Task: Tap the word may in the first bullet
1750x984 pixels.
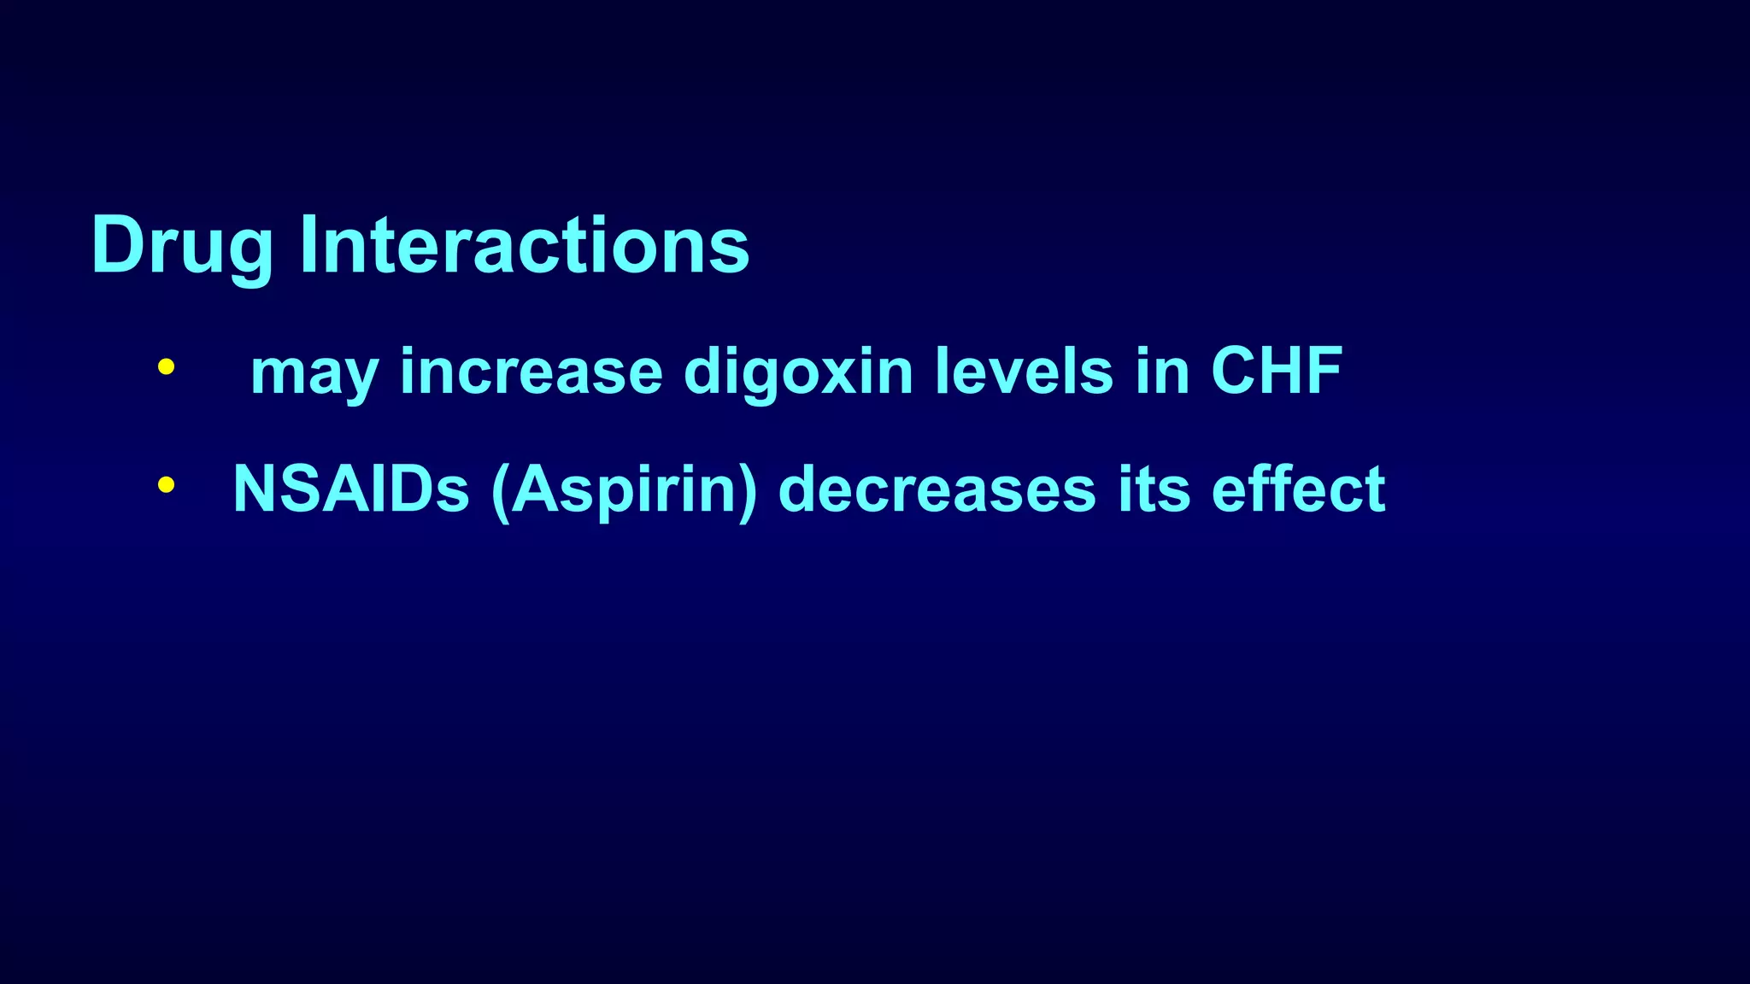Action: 314,373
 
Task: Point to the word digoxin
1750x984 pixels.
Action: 798,373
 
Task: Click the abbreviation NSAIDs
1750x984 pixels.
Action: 351,489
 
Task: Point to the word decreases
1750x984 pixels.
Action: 937,489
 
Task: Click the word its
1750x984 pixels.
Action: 1154,489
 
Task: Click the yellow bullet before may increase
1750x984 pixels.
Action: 167,368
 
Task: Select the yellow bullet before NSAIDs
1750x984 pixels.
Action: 167,485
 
